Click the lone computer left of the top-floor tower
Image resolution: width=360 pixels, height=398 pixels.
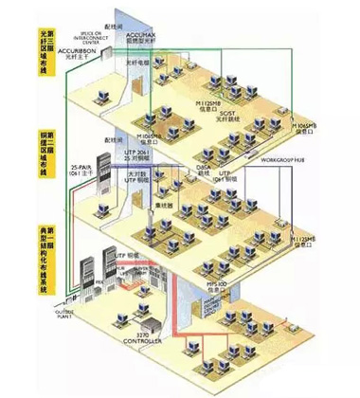(x=95, y=96)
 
